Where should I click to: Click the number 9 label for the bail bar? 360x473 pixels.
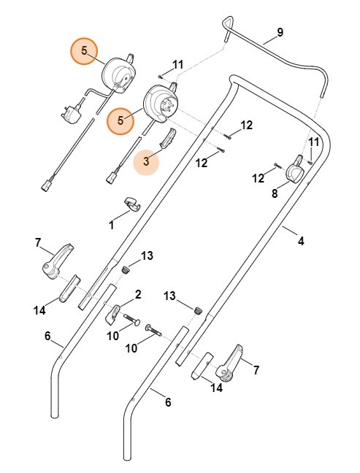click(280, 34)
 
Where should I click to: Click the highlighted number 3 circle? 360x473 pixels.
click(147, 162)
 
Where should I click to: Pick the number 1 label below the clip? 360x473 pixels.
click(112, 226)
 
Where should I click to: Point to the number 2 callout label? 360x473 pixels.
click(137, 294)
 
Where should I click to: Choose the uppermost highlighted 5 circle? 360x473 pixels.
click(84, 51)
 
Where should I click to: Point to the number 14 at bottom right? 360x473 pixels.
click(216, 388)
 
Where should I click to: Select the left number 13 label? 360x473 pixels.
click(148, 255)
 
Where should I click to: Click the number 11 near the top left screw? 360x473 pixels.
click(179, 65)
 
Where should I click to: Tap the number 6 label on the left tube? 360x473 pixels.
click(47, 336)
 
